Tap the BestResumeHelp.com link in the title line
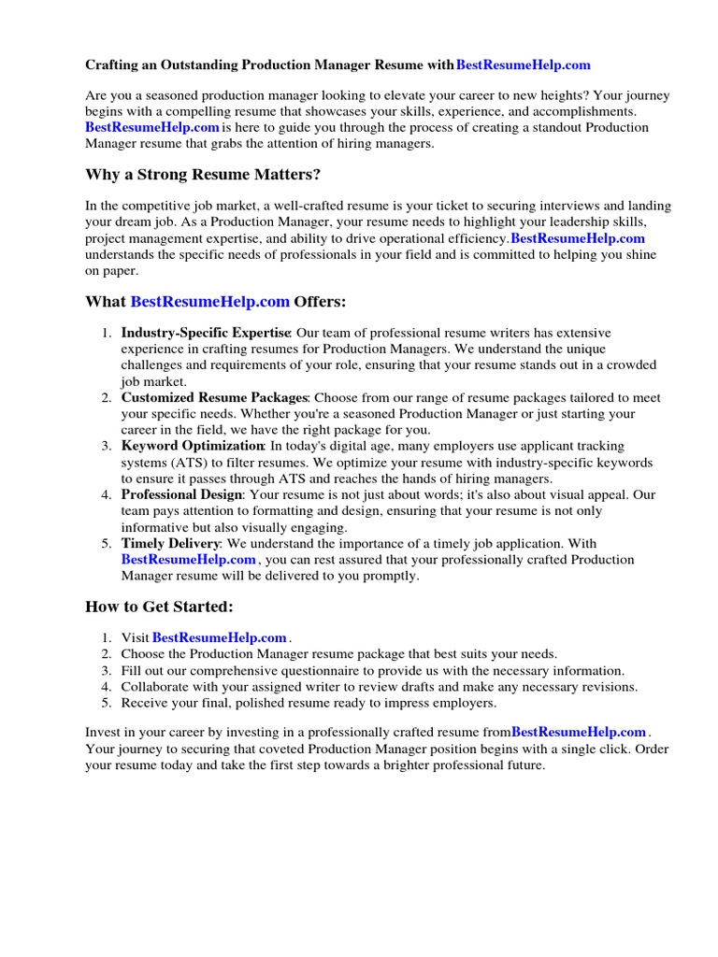(524, 65)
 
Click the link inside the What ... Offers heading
(210, 302)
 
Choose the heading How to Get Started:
(159, 607)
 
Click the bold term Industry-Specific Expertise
(206, 333)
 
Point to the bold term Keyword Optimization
(193, 446)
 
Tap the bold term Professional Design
(182, 494)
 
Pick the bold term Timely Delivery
(170, 543)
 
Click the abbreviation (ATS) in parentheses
(187, 463)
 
